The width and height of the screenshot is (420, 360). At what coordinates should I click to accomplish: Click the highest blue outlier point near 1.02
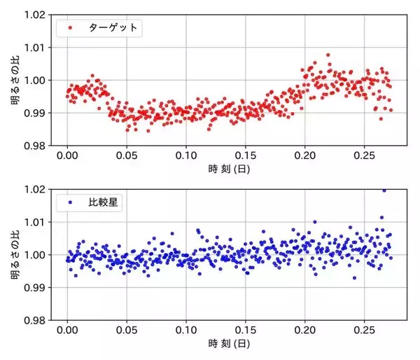point(383,190)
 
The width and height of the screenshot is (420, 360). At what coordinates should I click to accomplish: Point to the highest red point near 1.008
point(328,54)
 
